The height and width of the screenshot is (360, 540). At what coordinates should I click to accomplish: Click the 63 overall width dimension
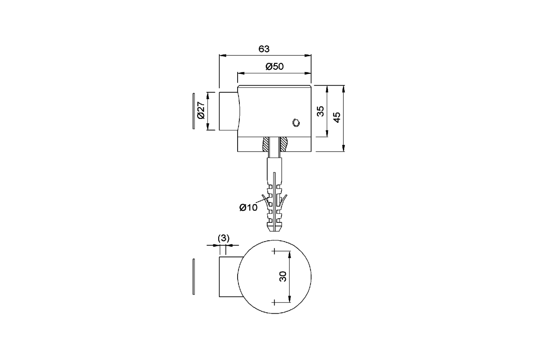click(x=264, y=49)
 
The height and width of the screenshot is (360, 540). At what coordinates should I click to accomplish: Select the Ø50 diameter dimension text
click(x=274, y=67)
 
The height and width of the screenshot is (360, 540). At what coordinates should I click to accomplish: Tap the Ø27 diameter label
click(x=201, y=111)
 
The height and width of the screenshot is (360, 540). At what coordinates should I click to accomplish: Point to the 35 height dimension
click(x=320, y=111)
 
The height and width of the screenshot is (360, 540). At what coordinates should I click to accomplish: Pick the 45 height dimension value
click(x=337, y=116)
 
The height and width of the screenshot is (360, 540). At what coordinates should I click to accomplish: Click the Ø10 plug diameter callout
click(x=248, y=207)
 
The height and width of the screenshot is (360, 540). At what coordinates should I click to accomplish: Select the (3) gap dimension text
click(x=224, y=238)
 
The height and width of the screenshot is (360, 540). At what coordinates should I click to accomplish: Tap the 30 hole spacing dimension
click(x=283, y=277)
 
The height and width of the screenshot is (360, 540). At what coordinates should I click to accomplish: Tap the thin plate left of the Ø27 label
click(x=193, y=111)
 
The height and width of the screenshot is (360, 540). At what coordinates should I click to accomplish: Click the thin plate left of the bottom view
click(x=193, y=277)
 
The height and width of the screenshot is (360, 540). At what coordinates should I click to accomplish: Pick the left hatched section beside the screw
click(x=265, y=144)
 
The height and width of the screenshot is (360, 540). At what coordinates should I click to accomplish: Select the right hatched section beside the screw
click(x=284, y=144)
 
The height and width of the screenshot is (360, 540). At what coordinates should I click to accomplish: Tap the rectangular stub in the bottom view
click(x=228, y=277)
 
